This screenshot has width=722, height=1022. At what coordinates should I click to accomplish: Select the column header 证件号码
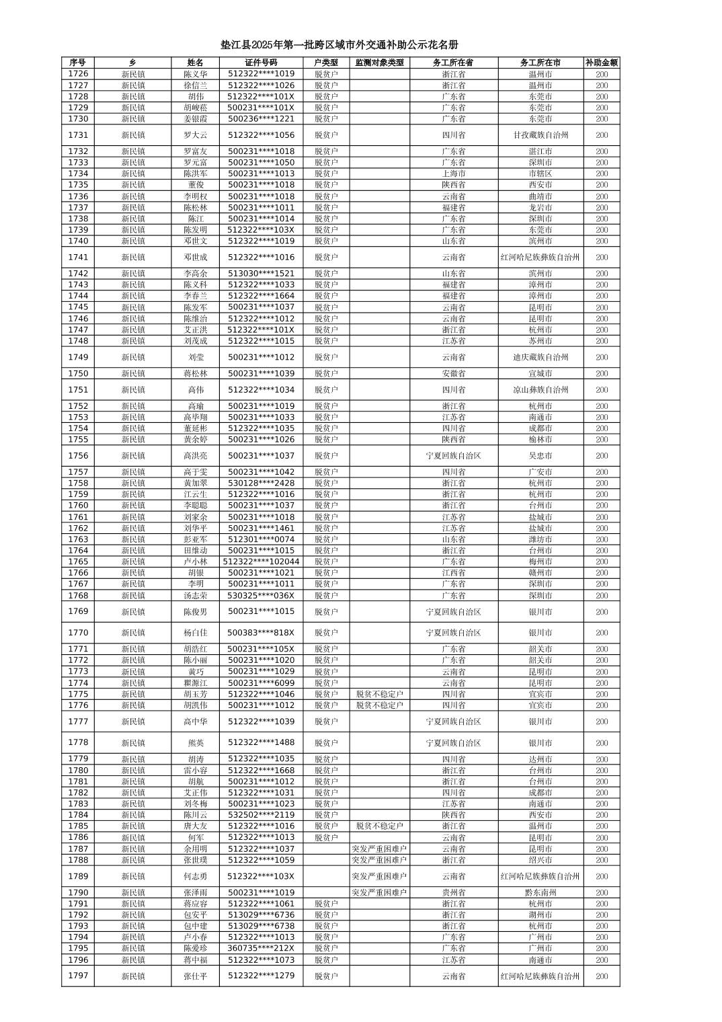261,63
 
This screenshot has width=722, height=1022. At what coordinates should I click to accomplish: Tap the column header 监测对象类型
379,63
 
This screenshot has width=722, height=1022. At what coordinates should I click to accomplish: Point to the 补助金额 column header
601,63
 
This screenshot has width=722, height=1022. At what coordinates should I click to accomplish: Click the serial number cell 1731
78,135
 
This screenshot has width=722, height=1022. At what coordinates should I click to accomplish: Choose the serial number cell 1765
78,561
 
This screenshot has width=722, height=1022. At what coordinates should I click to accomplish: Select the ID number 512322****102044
261,561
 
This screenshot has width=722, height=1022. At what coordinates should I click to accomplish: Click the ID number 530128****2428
261,483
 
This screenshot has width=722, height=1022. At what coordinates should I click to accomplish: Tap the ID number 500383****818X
261,633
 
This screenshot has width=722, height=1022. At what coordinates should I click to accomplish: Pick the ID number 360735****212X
261,948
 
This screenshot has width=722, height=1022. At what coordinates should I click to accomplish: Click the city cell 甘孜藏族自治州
540,135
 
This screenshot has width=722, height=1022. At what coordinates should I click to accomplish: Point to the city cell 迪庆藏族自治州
540,357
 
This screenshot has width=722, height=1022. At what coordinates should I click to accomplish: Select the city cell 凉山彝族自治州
540,390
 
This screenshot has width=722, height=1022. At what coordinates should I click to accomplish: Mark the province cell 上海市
454,173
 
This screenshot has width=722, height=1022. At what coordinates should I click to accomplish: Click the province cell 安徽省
454,373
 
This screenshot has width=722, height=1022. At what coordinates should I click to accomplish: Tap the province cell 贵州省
454,893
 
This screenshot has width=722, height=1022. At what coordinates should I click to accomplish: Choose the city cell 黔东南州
540,893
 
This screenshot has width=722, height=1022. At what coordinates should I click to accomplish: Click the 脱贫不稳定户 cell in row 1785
379,826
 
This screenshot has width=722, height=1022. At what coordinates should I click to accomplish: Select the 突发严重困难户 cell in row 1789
379,876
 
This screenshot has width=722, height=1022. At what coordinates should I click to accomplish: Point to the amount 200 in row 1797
601,976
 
